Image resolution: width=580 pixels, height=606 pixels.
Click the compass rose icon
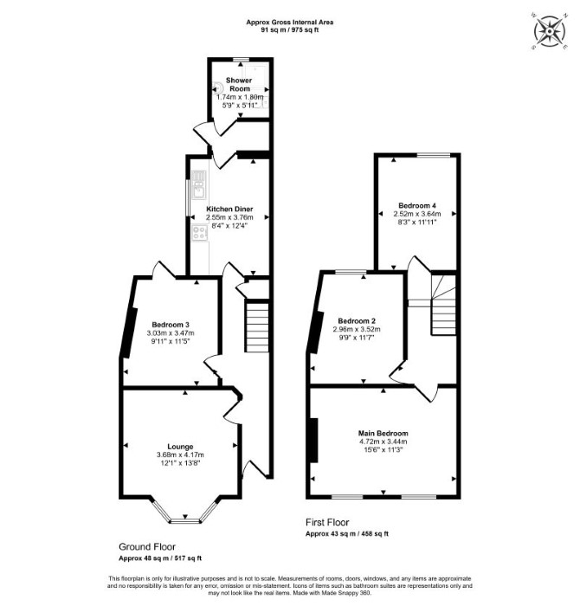pos(549,31)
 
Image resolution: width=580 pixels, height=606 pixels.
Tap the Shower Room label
pos(239,84)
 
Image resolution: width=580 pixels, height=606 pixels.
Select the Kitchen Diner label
pos(229,210)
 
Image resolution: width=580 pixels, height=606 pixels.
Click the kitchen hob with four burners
pos(200,233)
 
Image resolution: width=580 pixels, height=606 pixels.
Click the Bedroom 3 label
pos(171,325)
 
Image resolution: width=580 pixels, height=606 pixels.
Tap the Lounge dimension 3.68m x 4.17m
pos(180,455)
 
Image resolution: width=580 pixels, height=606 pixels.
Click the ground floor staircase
pos(257,327)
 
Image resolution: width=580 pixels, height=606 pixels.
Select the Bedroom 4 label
pos(417,205)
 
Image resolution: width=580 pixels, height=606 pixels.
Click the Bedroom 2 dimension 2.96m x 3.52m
pos(357,329)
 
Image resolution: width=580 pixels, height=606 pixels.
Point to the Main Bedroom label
pos(383,433)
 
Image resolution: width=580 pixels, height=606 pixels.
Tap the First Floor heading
pos(327,523)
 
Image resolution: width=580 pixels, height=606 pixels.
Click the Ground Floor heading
pos(147,547)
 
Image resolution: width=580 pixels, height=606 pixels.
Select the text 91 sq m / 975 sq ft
pos(290,29)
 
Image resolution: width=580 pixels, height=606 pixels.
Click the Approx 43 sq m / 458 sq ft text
pos(347,534)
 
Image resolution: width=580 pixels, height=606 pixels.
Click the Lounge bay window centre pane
pos(185,521)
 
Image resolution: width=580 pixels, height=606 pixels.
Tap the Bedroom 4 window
pos(433,155)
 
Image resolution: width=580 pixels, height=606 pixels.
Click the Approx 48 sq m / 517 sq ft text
pos(160,558)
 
